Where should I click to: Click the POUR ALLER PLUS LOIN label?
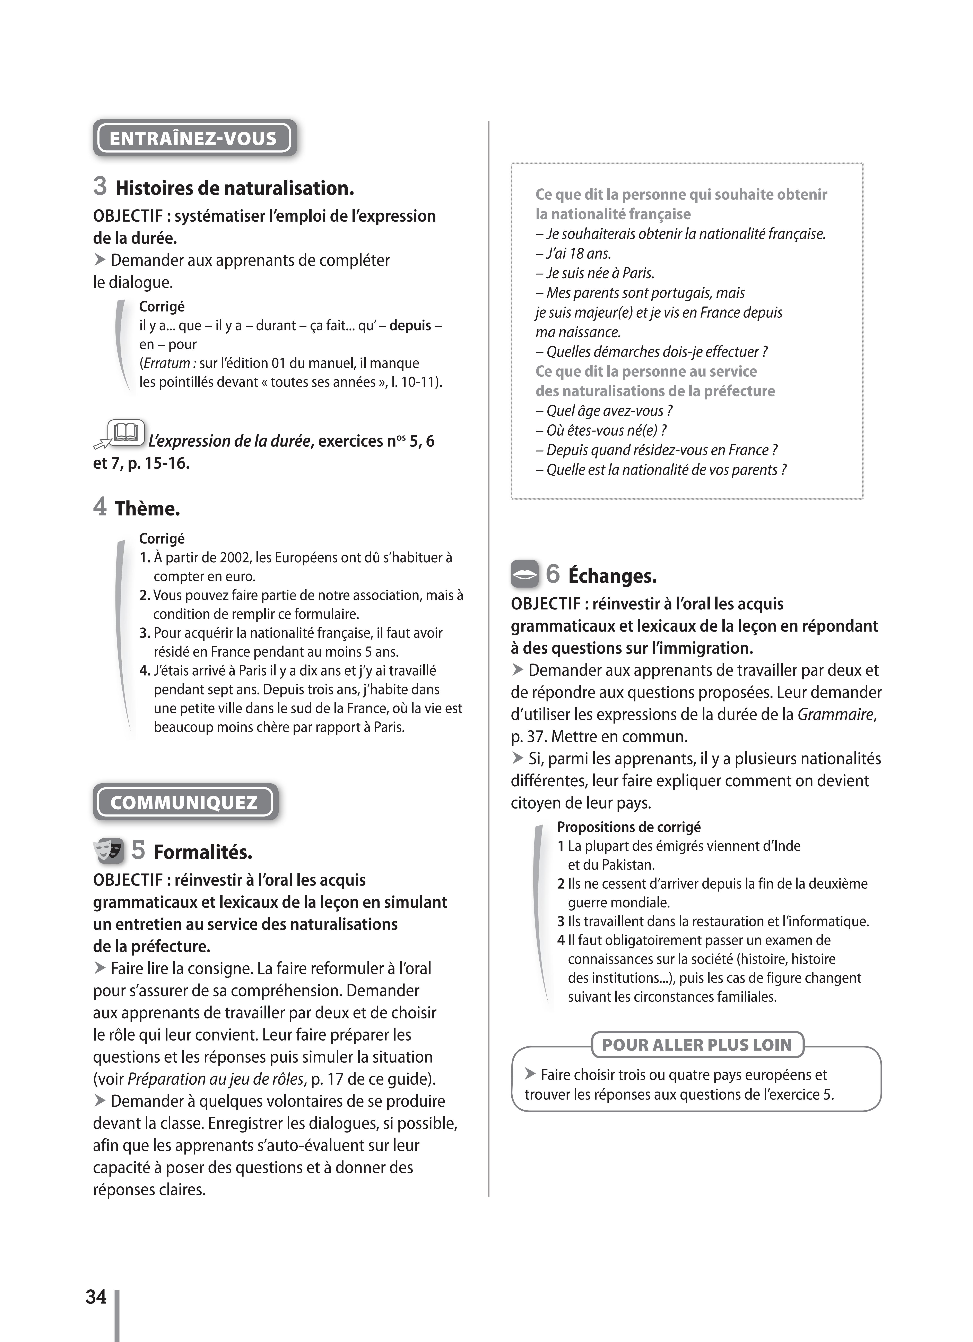(697, 1044)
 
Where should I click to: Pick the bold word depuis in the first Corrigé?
(410, 325)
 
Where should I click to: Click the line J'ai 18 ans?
(573, 253)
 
